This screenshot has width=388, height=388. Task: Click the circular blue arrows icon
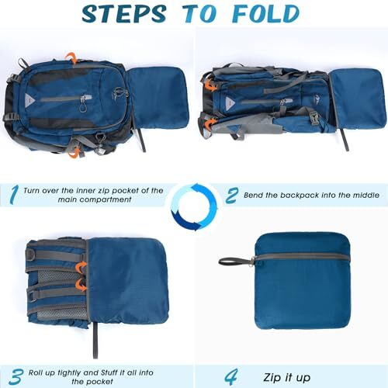(194, 206)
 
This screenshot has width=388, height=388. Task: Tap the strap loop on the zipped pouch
(233, 260)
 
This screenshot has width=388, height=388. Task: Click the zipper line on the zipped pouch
(303, 257)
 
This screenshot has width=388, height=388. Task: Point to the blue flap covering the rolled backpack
(128, 279)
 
